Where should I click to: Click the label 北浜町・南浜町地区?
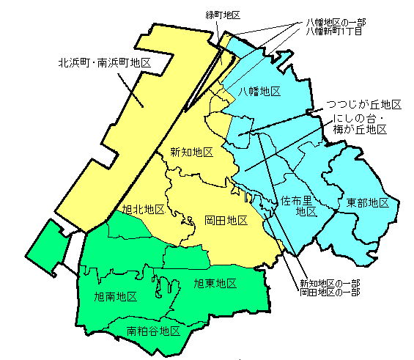tap(105, 64)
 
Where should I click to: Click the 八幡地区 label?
tap(260, 91)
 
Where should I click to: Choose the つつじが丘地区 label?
tap(364, 105)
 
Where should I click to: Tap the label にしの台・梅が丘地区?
tap(359, 124)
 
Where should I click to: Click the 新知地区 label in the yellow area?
tap(191, 153)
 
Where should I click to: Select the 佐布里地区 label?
tap(299, 206)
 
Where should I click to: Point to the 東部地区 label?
tap(368, 202)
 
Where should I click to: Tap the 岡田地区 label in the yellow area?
tap(226, 220)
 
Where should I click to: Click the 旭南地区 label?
tap(117, 297)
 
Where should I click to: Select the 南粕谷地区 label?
tap(154, 331)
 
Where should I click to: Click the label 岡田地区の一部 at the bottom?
tap(330, 293)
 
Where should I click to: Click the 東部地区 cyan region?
tap(366, 227)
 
